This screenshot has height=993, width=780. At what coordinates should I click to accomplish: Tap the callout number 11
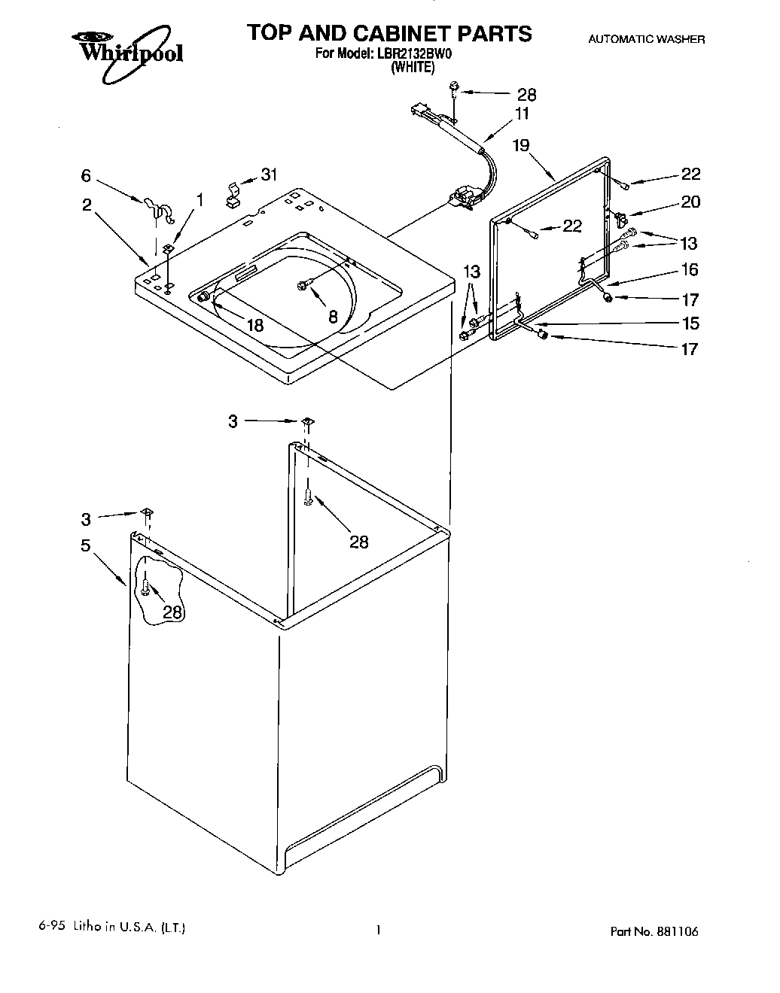click(x=522, y=114)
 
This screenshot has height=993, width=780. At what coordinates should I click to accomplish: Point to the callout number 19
click(x=521, y=146)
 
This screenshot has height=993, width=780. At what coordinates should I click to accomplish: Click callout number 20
click(x=690, y=202)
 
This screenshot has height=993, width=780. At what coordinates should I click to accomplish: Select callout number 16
click(x=690, y=269)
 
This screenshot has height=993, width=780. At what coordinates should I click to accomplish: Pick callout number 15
click(x=690, y=323)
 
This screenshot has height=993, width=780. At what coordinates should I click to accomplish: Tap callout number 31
click(x=269, y=175)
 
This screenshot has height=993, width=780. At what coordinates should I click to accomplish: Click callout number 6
click(x=86, y=175)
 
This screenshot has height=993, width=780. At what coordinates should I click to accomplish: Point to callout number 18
click(x=255, y=325)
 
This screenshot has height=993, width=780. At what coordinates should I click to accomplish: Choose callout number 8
click(x=333, y=317)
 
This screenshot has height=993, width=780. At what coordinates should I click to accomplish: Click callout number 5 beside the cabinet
click(x=86, y=545)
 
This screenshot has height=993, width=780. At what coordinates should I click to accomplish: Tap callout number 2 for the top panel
click(x=87, y=204)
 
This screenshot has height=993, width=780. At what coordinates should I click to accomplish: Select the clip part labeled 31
click(x=233, y=194)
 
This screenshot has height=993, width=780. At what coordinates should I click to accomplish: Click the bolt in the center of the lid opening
click(x=304, y=285)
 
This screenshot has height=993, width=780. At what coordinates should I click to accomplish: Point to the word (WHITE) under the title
click(x=412, y=67)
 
